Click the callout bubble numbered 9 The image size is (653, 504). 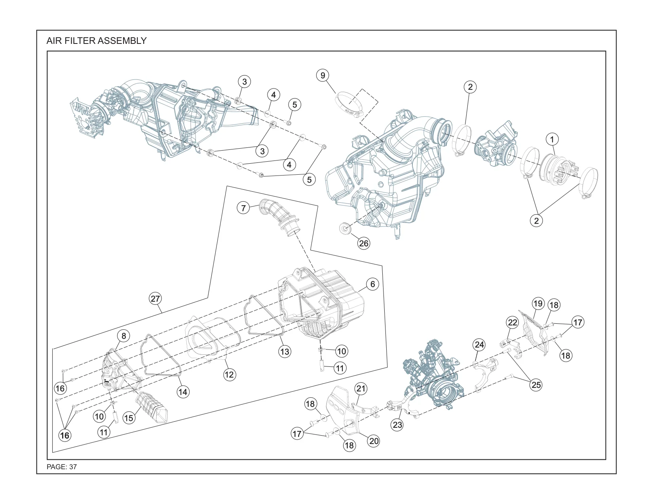[x=323, y=76]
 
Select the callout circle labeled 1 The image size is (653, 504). [x=552, y=139]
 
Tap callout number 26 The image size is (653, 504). [x=364, y=244]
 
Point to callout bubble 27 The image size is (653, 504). [x=156, y=299]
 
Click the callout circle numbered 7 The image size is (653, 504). [x=243, y=208]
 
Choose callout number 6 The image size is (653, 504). [x=373, y=284]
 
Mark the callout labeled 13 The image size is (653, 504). [x=285, y=351]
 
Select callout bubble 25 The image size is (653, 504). [x=536, y=385]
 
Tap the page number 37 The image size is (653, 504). [x=73, y=467]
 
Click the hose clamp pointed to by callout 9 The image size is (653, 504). [x=349, y=105]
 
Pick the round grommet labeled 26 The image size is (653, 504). [x=345, y=228]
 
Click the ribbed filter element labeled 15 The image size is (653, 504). [x=152, y=408]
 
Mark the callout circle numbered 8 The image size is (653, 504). [x=123, y=336]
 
